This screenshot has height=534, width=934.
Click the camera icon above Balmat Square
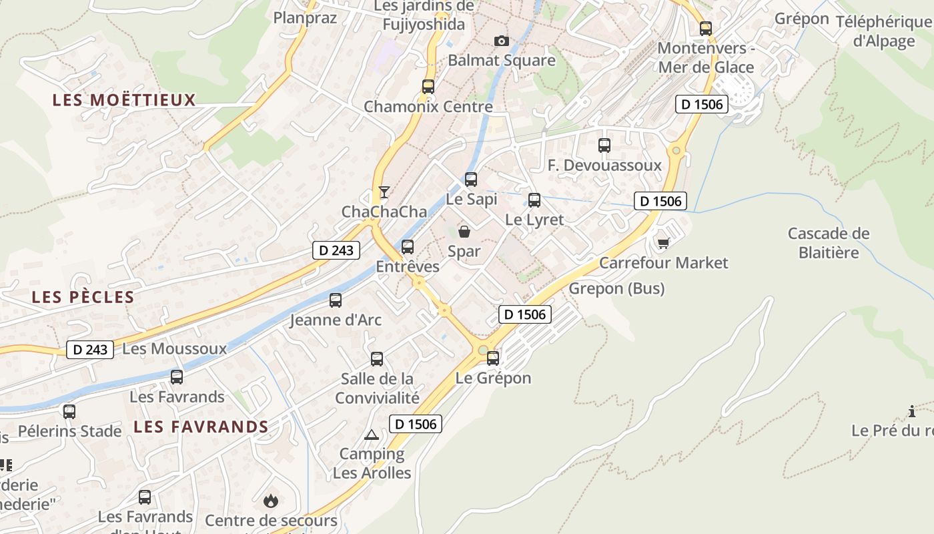pyautogui.click(x=502, y=41)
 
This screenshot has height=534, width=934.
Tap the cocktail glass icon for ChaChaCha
pyautogui.click(x=384, y=192)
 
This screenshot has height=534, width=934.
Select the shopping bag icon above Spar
pyautogui.click(x=464, y=232)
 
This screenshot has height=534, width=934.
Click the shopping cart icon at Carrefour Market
pyautogui.click(x=663, y=243)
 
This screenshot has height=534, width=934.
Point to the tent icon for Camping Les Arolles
pyautogui.click(x=372, y=435)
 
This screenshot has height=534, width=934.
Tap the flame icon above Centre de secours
pyautogui.click(x=270, y=500)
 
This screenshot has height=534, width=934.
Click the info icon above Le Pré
pyautogui.click(x=912, y=411)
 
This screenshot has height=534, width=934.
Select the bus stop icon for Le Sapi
pyautogui.click(x=471, y=179)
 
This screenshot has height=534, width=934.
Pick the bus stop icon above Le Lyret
pyautogui.click(x=534, y=200)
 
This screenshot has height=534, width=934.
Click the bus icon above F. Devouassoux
pyautogui.click(x=604, y=145)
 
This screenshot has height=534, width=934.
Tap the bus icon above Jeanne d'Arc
pyautogui.click(x=336, y=300)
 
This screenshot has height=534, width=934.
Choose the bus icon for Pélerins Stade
pyautogui.click(x=69, y=412)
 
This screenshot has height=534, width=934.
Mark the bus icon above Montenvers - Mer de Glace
pyautogui.click(x=706, y=29)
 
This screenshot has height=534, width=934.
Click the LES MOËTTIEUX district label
pyautogui.click(x=124, y=100)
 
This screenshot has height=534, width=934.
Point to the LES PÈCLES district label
pyautogui.click(x=83, y=297)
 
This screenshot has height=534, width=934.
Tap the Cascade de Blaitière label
pyautogui.click(x=829, y=243)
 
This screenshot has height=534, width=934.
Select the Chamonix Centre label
pyautogui.click(x=428, y=106)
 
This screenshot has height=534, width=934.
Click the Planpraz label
pyautogui.click(x=306, y=17)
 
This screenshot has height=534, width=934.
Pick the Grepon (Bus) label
pyautogui.click(x=616, y=288)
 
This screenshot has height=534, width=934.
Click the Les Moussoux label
pyautogui.click(x=175, y=348)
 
